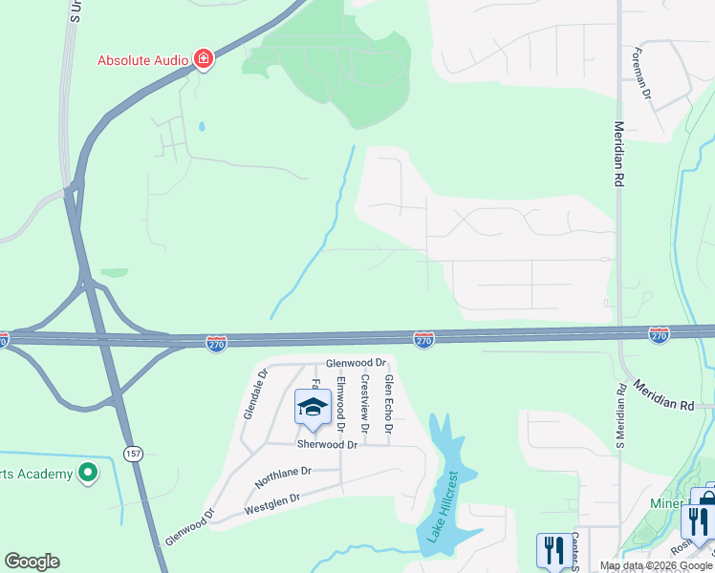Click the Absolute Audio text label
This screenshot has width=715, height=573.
point(142,60)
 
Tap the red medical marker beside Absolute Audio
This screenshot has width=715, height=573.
point(203,60)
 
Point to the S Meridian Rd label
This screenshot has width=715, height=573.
point(620,415)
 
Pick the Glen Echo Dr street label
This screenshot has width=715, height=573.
point(388,403)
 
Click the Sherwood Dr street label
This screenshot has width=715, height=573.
point(326,445)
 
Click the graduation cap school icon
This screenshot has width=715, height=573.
point(312,408)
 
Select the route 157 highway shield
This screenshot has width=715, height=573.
point(132,453)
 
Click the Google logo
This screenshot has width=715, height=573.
point(32,562)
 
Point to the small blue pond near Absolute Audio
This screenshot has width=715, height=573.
point(201,126)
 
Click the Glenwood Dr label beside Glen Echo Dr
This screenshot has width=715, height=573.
point(355,363)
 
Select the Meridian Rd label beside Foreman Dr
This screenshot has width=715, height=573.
point(618,154)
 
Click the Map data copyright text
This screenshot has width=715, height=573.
point(656,565)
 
